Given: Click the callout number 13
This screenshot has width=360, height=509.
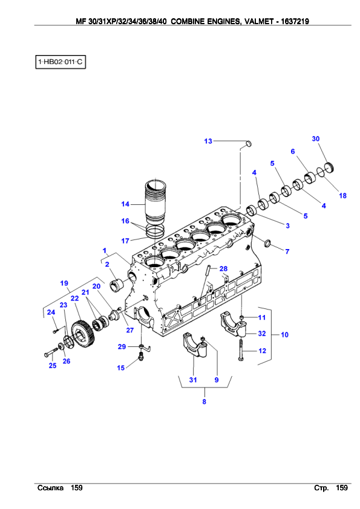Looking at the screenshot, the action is pyautogui.click(x=208, y=141).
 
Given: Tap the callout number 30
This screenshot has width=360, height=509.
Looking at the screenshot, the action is pyautogui.click(x=315, y=138).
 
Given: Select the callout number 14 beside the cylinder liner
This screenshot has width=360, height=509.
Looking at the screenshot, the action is pyautogui.click(x=125, y=204).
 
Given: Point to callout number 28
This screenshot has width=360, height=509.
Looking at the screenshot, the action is pyautogui.click(x=223, y=268).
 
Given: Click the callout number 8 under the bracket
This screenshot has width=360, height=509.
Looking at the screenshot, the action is pyautogui.click(x=204, y=401).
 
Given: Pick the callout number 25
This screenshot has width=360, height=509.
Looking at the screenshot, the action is pyautogui.click(x=53, y=366).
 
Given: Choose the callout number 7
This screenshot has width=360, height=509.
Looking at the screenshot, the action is pyautogui.click(x=287, y=251).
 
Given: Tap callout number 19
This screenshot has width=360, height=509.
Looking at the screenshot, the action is pyautogui.click(x=64, y=283).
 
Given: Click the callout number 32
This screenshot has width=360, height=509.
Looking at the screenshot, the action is pyautogui.click(x=262, y=333).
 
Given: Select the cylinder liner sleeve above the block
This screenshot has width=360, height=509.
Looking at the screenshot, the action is pyautogui.click(x=155, y=201).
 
